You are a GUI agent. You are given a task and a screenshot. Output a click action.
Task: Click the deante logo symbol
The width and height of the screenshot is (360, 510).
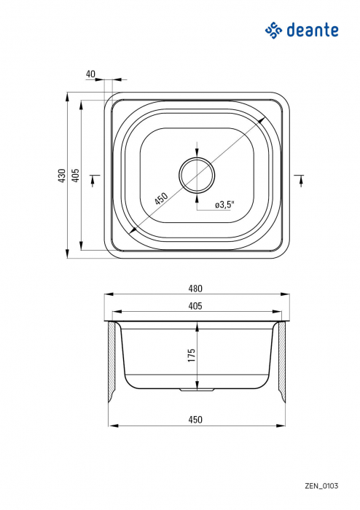tap(273, 30)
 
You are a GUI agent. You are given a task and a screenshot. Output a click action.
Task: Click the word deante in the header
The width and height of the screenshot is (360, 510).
tap(311, 30)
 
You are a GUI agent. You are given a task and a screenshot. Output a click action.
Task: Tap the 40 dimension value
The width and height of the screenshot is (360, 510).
tap(90, 74)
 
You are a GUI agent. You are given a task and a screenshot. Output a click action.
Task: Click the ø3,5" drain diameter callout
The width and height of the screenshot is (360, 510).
tap(224, 205)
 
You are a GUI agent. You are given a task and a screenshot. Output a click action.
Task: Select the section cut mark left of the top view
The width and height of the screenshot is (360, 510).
tap(94, 179)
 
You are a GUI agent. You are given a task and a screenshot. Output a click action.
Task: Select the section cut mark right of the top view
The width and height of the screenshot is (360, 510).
tap(300, 179)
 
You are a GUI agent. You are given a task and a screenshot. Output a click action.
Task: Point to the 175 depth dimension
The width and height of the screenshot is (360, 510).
tap(192, 356)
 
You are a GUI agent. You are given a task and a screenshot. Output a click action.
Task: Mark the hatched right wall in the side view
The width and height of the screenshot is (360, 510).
tap(280, 361)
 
